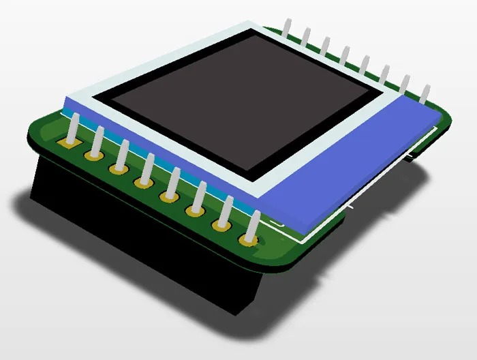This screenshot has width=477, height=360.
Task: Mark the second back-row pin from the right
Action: [405, 84]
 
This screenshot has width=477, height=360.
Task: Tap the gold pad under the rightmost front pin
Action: [248, 240]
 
